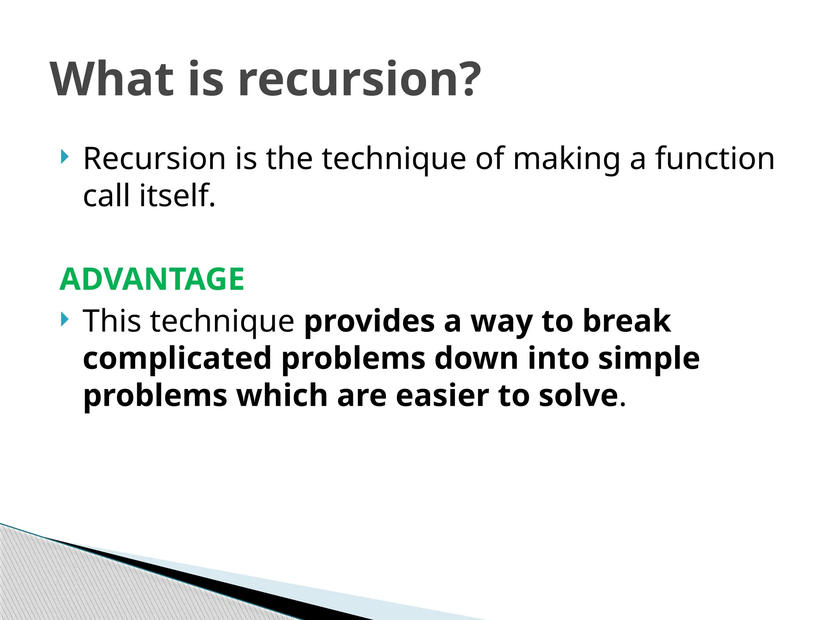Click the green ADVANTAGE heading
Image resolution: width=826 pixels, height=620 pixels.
coord(152,279)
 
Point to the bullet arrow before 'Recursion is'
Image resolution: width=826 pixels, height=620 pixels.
coord(65,157)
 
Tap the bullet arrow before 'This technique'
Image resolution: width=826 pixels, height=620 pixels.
coord(65,320)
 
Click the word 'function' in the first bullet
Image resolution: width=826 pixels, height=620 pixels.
coord(715,158)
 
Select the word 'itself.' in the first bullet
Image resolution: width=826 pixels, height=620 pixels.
coord(177,195)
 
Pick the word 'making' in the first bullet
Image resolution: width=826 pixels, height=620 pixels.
coord(566,159)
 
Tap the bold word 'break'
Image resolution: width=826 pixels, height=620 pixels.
coord(627,321)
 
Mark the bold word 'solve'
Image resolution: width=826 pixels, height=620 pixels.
coord(578,396)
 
